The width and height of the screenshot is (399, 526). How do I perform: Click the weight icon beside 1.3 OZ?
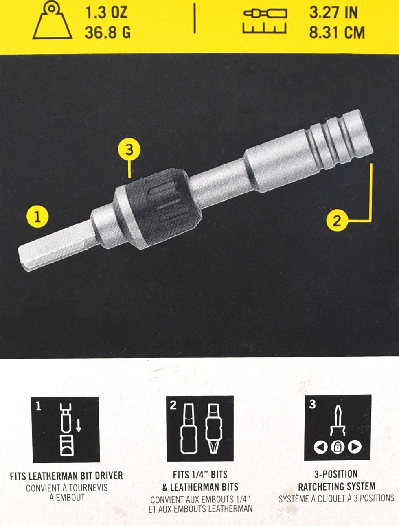(x=53, y=20)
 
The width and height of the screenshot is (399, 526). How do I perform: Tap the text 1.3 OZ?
(x=107, y=13)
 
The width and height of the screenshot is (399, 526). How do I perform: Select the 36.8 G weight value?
(x=108, y=32)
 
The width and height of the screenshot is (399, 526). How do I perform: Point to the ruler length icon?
(x=265, y=21)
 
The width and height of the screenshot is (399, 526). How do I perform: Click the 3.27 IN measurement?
(x=333, y=13)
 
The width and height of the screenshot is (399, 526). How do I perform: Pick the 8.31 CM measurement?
(x=337, y=32)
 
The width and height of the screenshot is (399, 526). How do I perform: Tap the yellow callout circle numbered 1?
(x=37, y=217)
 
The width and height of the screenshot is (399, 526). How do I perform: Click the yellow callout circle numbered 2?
(x=337, y=220)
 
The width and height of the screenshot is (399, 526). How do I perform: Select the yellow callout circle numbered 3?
(x=129, y=150)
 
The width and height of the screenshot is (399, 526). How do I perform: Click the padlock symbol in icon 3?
(x=338, y=447)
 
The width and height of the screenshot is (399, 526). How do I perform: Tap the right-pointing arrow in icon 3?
(x=355, y=447)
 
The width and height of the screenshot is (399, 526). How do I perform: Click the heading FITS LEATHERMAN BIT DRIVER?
(x=66, y=476)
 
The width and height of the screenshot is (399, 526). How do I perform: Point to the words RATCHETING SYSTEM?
(x=337, y=487)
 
